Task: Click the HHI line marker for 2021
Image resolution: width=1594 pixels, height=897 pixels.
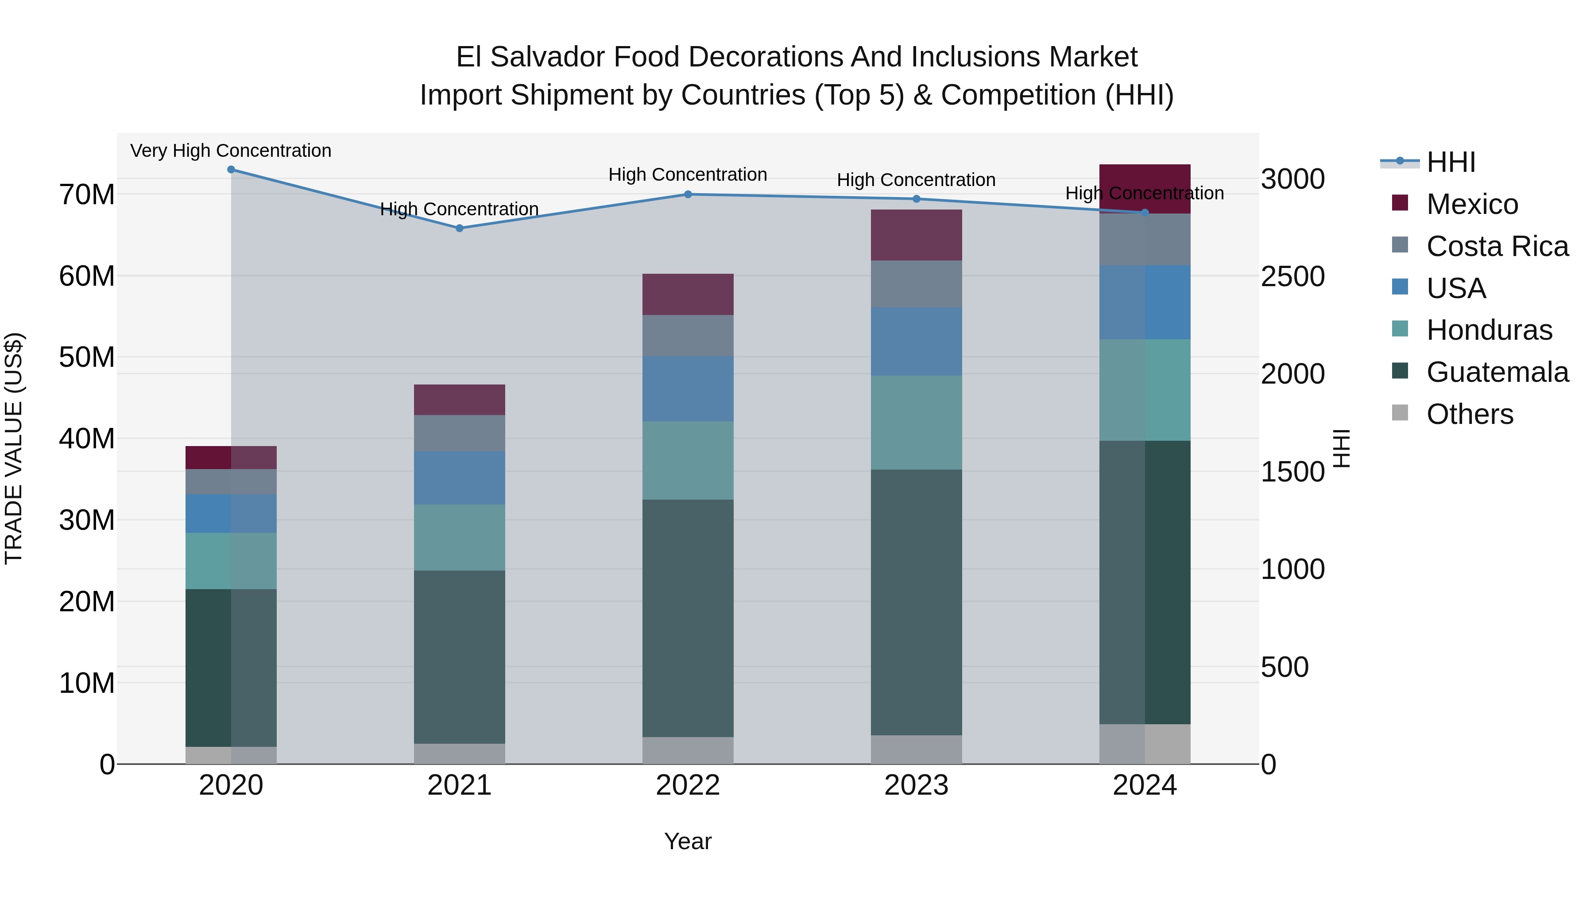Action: click(x=459, y=228)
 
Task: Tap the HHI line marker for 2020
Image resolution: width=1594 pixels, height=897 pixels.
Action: click(x=231, y=170)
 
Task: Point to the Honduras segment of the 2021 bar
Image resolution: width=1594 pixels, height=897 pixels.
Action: click(x=459, y=537)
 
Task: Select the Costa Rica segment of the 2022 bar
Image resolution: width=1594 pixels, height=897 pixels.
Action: click(x=688, y=335)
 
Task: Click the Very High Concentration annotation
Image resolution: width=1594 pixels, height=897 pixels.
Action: click(x=231, y=151)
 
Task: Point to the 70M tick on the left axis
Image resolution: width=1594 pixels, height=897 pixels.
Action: click(x=87, y=194)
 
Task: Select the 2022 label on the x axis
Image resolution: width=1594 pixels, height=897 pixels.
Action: click(x=688, y=785)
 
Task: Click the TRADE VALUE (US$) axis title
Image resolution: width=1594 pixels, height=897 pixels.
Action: click(x=14, y=448)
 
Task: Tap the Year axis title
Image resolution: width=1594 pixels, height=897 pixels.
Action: click(x=688, y=841)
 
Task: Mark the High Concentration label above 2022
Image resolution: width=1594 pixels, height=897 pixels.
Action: click(x=688, y=175)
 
